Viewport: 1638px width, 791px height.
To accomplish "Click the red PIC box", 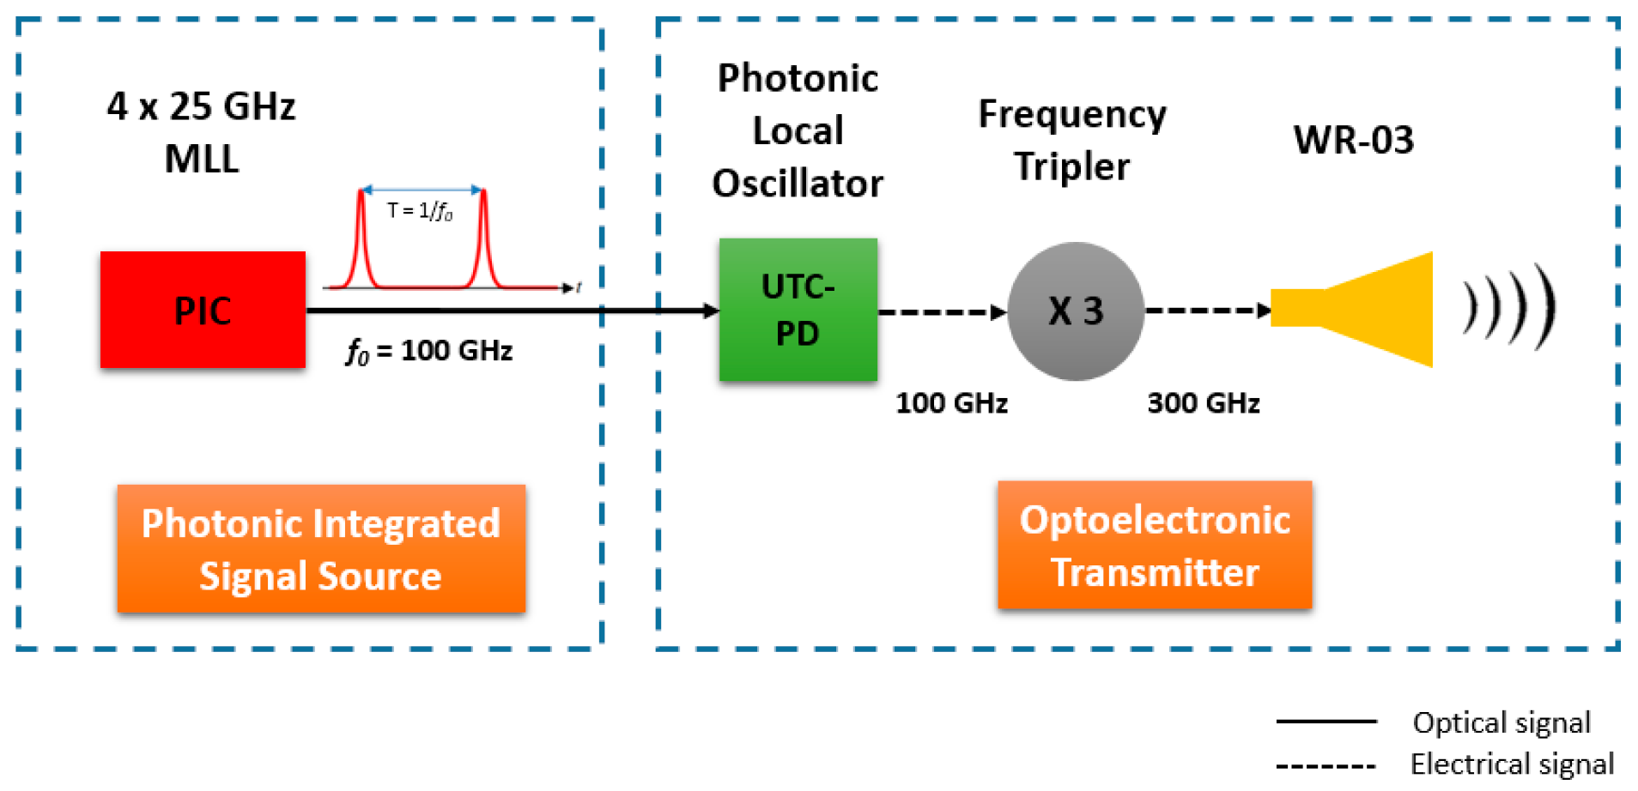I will pyautogui.click(x=203, y=310).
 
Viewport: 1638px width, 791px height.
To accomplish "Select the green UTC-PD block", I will pyautogui.click(x=798, y=310).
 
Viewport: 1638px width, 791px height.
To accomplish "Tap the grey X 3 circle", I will pyautogui.click(x=1075, y=311).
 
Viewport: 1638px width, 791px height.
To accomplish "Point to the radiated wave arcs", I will pyautogui.click(x=1509, y=307).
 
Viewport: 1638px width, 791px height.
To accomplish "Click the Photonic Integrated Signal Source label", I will pyautogui.click(x=321, y=549).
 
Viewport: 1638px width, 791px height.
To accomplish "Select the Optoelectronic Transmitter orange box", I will pyautogui.click(x=1154, y=546).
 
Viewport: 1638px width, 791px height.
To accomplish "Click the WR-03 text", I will pyautogui.click(x=1353, y=140).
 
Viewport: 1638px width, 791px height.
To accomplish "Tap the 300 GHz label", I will pyautogui.click(x=1203, y=403).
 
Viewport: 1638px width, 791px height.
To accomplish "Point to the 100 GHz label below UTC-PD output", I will pyautogui.click(x=951, y=403).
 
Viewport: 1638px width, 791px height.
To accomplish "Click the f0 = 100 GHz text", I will pyautogui.click(x=429, y=351).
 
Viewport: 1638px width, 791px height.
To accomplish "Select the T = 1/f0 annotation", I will pyautogui.click(x=419, y=211).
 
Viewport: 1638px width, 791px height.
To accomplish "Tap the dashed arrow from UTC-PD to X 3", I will pyautogui.click(x=941, y=311).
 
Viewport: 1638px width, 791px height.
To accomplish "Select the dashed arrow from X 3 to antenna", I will pyautogui.click(x=1207, y=311).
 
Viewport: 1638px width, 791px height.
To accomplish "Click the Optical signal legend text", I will pyautogui.click(x=1501, y=722).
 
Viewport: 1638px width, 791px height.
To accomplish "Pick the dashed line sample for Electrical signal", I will pyautogui.click(x=1326, y=765).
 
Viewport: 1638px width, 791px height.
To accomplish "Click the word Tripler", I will pyautogui.click(x=1071, y=166).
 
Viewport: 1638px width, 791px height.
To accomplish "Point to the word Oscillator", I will pyautogui.click(x=798, y=184).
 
